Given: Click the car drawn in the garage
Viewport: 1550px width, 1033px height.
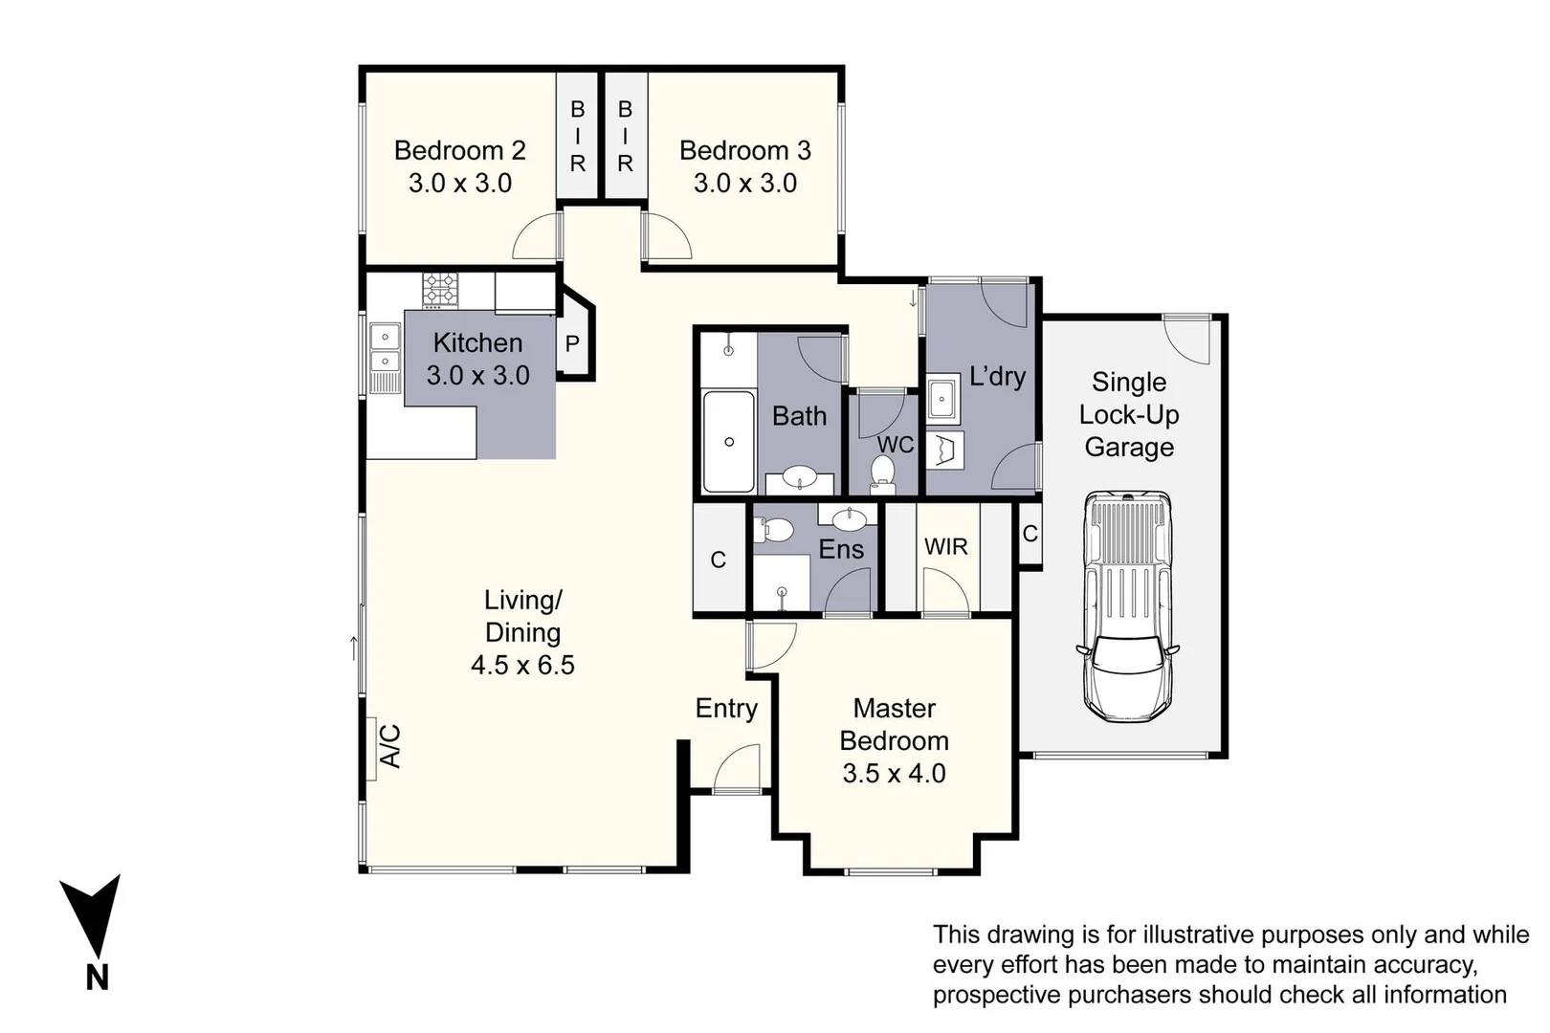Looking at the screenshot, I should coord(1127,606).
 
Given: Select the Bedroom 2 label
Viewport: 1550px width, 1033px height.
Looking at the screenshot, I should coord(459,151).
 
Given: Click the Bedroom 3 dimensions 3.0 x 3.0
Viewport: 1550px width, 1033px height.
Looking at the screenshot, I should coord(744,184).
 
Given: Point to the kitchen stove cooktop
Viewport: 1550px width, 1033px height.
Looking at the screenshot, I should coord(441,289).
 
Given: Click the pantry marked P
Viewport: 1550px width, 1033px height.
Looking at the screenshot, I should coord(572,344).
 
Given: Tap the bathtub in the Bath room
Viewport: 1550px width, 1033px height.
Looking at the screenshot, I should coord(728,441).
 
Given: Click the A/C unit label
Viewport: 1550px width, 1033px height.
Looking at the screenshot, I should coord(390,746).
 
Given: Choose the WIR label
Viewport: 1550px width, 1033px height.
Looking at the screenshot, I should coord(945,547).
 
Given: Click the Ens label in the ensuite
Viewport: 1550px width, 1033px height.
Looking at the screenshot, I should coord(841,550).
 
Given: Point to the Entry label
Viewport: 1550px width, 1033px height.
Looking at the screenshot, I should coord(725,709).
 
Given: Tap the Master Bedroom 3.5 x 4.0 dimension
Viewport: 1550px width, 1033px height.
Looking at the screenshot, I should coord(894,774).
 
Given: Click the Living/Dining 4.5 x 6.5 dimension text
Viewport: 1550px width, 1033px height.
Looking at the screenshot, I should coord(522,666).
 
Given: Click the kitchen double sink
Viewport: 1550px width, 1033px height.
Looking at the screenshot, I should coord(385,348).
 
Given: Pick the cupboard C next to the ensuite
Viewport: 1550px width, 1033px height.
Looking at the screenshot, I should coord(718,560).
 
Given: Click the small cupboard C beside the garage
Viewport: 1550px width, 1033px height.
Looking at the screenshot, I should coord(1030,534).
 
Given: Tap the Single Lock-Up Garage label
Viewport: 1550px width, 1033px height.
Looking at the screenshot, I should coord(1128,415).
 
